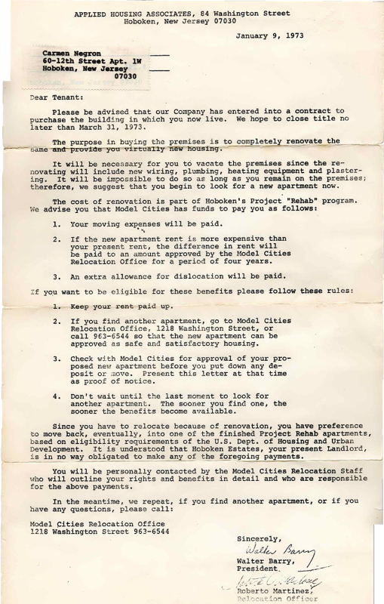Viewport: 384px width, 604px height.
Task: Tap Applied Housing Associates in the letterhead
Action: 139,14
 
